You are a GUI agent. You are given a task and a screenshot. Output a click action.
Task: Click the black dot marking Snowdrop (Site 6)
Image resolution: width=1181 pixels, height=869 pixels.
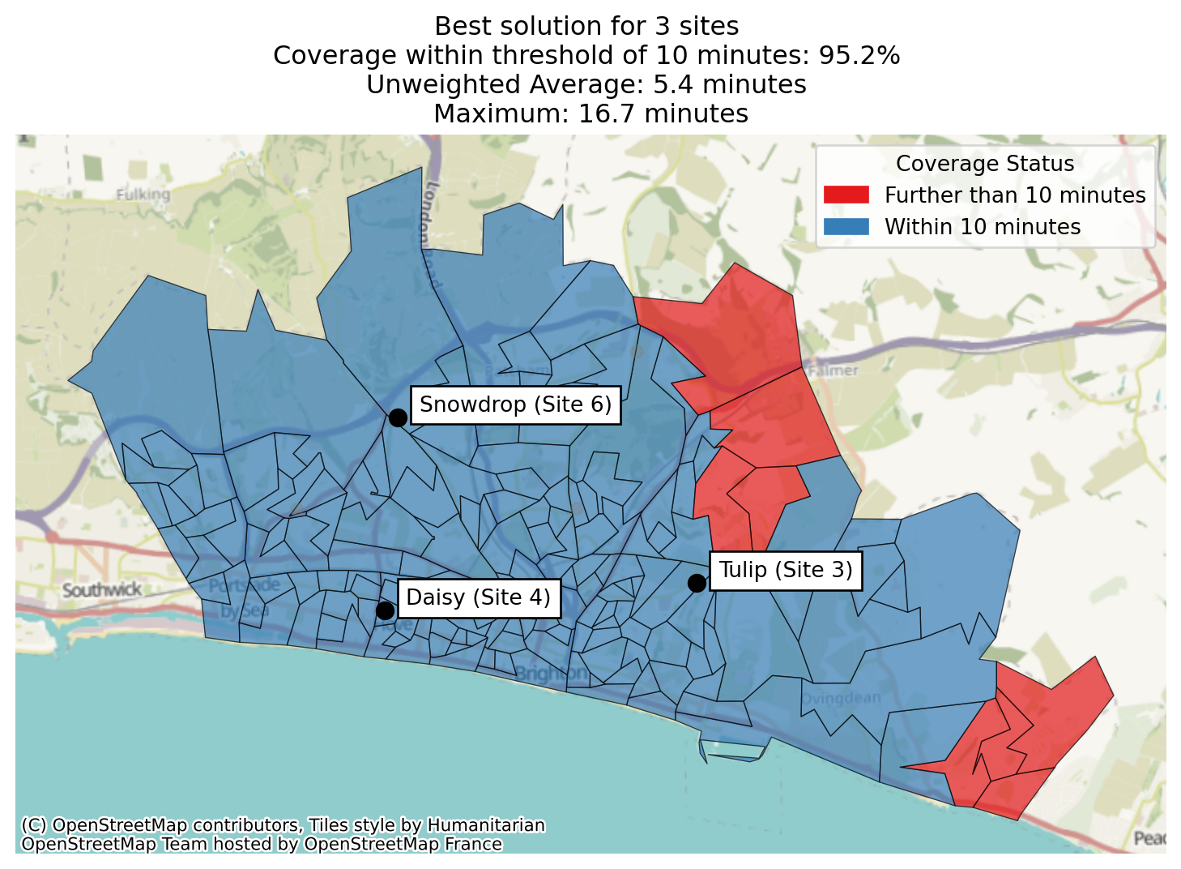[398, 417]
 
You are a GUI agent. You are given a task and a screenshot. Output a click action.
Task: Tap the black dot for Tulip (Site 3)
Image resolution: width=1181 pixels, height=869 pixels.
[697, 583]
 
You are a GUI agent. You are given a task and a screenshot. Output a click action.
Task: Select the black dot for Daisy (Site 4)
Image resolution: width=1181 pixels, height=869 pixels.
[386, 610]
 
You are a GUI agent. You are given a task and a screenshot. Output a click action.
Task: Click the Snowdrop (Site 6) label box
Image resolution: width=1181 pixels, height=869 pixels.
[515, 405]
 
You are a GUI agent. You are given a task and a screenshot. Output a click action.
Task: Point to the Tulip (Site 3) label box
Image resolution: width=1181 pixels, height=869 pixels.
[786, 570]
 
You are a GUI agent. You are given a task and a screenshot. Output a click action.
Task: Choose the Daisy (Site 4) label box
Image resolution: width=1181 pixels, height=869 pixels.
[478, 597]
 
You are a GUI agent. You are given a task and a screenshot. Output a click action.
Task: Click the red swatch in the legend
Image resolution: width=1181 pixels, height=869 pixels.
[846, 195]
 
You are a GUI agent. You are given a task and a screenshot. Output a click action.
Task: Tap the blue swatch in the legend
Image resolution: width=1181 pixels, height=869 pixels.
[846, 227]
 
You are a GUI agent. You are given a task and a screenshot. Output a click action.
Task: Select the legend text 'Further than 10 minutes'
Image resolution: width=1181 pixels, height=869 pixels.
[1015, 195]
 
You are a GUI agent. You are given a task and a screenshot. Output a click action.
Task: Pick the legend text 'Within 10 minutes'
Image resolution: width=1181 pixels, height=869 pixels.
[983, 227]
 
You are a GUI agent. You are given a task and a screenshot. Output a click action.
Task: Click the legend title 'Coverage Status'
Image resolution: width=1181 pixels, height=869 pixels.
[985, 164]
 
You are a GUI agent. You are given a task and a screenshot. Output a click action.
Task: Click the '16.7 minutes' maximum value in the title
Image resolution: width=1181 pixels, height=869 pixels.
[663, 113]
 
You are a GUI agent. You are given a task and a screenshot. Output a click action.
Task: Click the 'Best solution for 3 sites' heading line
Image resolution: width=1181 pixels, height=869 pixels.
[586, 26]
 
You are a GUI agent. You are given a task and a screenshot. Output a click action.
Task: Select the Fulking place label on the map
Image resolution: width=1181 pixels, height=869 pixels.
[143, 195]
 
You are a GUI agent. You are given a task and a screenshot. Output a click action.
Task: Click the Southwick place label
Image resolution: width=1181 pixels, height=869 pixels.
[102, 589]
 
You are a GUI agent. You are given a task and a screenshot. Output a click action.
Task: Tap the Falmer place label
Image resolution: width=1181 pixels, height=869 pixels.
[833, 370]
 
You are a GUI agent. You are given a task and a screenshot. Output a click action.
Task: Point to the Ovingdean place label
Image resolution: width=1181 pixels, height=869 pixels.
[840, 698]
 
